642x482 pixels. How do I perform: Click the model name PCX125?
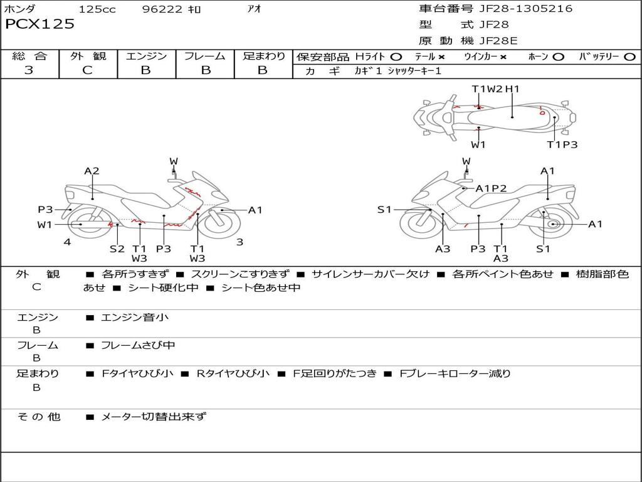pos(39,24)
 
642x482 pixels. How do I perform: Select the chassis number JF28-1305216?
pos(525,9)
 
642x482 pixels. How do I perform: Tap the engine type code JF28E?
pos(499,41)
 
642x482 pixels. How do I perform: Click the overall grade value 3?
pos(29,70)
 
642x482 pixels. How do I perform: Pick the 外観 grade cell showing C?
pos(87,70)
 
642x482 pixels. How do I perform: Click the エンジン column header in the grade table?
pos(146,56)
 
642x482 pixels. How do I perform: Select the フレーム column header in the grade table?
pos(205,56)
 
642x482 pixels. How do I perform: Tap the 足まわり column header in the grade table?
pos(263,56)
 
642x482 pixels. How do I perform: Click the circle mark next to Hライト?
pos(396,57)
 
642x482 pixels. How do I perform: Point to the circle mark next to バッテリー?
pos(629,57)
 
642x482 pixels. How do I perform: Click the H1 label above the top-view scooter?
pos(512,89)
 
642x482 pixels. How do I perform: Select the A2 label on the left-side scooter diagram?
pos(92,171)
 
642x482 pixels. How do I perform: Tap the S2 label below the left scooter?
pos(117,249)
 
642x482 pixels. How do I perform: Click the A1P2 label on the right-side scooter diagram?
pos(491,188)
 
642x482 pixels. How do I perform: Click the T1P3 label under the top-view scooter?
pos(562,145)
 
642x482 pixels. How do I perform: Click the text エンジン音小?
pos(135,318)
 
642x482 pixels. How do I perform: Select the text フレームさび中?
pos(138,345)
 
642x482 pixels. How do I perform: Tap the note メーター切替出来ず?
pos(154,416)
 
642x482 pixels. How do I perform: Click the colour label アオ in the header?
pos(254,9)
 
